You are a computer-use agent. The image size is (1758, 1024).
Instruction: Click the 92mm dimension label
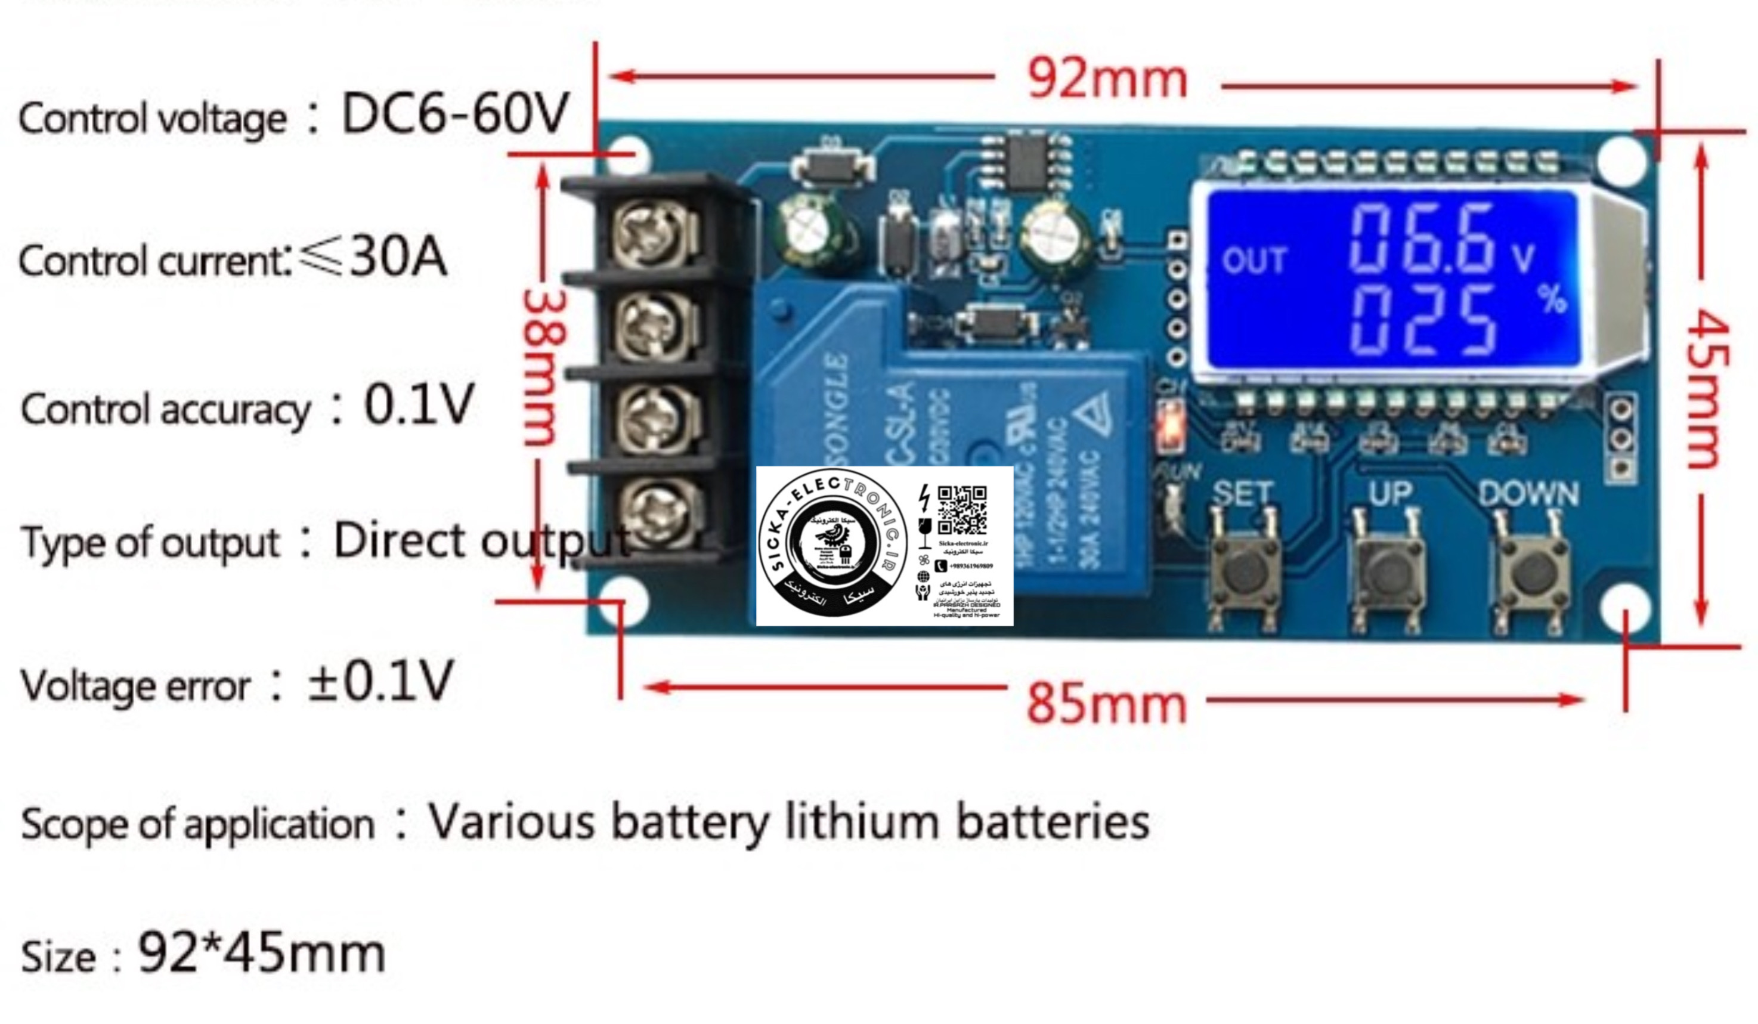pos(1107,79)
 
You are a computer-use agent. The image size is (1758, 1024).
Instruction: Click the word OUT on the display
pos(1253,261)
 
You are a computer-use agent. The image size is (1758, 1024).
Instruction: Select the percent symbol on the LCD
pos(1553,300)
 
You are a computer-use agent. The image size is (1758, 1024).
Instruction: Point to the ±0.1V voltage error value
pos(380,681)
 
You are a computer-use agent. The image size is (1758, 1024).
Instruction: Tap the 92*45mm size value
pos(262,953)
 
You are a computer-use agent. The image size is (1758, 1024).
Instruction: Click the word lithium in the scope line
pos(862,822)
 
